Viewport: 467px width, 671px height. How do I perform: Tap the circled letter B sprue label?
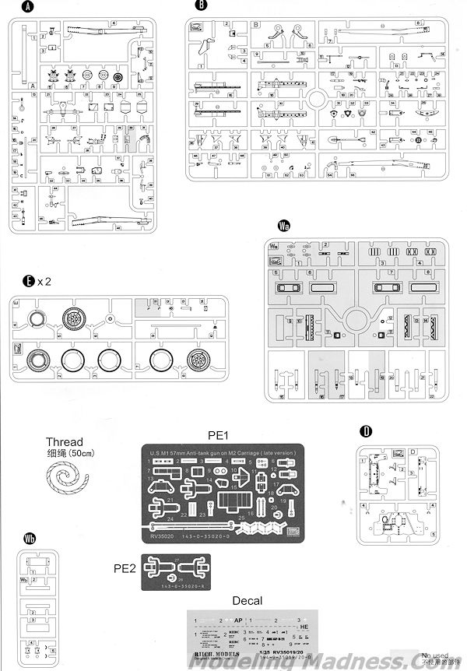click(x=202, y=7)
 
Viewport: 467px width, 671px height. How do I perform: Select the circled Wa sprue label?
click(x=285, y=227)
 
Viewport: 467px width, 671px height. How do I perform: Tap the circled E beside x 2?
click(x=26, y=282)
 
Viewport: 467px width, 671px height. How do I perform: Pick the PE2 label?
click(x=126, y=569)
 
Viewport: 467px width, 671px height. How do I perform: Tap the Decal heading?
click(x=246, y=602)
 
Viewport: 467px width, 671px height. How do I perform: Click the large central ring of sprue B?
click(x=319, y=101)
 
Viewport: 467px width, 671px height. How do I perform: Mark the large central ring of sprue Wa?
click(x=359, y=321)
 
